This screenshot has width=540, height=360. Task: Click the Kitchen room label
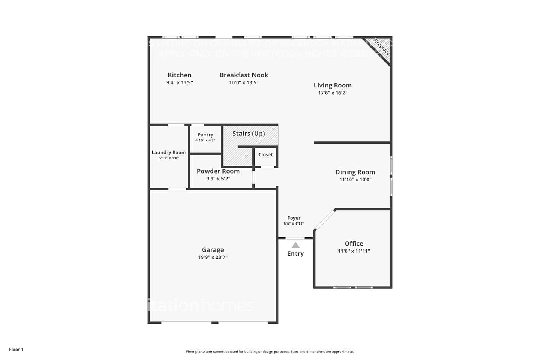click(179, 75)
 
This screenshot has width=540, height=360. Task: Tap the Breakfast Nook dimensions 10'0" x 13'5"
click(244, 82)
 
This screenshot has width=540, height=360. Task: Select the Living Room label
click(332, 85)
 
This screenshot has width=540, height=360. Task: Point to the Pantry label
click(205, 135)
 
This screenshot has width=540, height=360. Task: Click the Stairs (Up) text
click(248, 134)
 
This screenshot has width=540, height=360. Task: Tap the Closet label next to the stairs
click(265, 154)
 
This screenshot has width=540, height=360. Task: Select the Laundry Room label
click(168, 152)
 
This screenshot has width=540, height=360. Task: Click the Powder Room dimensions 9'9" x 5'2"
click(218, 179)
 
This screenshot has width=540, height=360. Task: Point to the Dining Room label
click(355, 172)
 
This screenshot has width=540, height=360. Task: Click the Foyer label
click(294, 218)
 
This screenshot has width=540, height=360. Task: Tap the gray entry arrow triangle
click(295, 245)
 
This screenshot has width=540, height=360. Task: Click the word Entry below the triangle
click(295, 253)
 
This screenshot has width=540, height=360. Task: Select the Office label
click(354, 243)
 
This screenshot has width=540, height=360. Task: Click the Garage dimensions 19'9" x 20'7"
click(212, 257)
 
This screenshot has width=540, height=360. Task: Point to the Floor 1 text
click(16, 349)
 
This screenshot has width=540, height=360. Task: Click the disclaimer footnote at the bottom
click(270, 352)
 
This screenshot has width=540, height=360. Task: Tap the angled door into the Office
click(325, 220)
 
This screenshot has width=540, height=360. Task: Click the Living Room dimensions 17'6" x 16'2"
click(332, 93)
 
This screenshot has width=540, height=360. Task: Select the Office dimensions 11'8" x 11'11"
click(354, 251)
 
